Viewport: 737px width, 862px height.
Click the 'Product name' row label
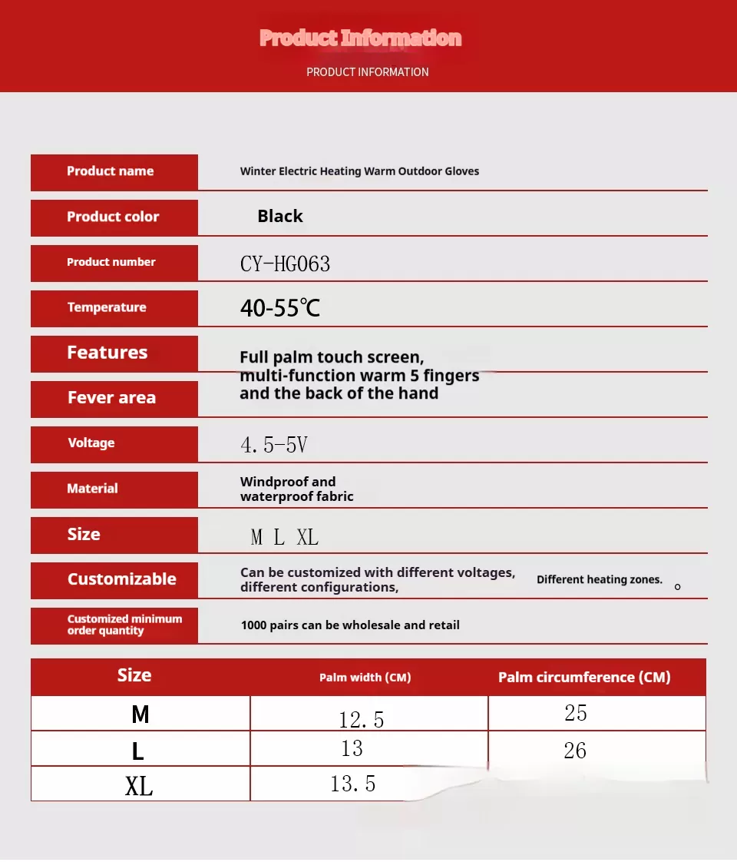pyautogui.click(x=110, y=171)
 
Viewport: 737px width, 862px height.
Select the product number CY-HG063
pyautogui.click(x=285, y=264)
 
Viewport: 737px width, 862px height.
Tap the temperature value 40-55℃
pyautogui.click(x=279, y=309)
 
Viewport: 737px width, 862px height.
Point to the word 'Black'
pyautogui.click(x=280, y=217)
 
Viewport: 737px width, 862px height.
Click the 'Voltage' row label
pyautogui.click(x=91, y=443)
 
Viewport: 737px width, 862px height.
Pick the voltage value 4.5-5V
pyautogui.click(x=274, y=445)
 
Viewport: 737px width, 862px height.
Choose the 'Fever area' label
pyautogui.click(x=111, y=398)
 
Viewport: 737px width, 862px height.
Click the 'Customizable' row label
pyautogui.click(x=121, y=579)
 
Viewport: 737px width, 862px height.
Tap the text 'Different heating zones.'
pyautogui.click(x=599, y=579)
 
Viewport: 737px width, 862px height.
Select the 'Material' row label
pyautogui.click(x=92, y=489)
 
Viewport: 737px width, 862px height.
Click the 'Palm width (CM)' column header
pyautogui.click(x=365, y=678)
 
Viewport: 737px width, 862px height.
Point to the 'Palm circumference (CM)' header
pyautogui.click(x=584, y=678)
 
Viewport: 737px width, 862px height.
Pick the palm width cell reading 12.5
pyautogui.click(x=361, y=719)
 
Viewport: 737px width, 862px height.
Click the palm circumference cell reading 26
pyautogui.click(x=575, y=751)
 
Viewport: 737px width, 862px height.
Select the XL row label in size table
pyautogui.click(x=139, y=786)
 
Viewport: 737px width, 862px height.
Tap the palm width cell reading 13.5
pyautogui.click(x=352, y=784)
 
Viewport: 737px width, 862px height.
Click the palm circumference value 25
pyautogui.click(x=576, y=713)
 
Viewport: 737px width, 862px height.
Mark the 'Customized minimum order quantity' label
pyautogui.click(x=124, y=625)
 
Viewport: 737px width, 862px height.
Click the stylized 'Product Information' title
pyautogui.click(x=360, y=38)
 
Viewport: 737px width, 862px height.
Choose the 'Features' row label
pyautogui.click(x=107, y=353)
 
